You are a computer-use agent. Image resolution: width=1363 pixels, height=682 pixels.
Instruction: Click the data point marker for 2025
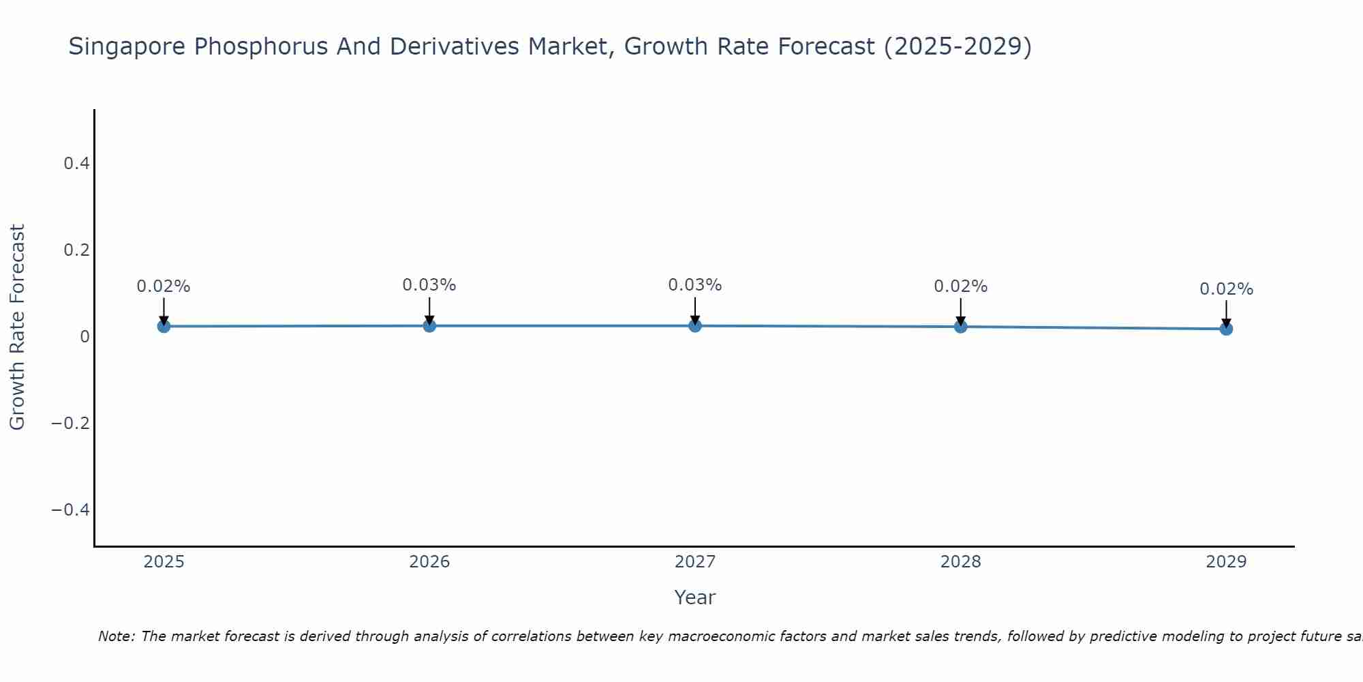[x=164, y=326]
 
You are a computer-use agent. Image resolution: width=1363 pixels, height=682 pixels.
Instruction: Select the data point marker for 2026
[x=429, y=325]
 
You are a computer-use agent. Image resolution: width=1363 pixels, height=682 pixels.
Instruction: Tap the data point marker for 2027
[x=695, y=325]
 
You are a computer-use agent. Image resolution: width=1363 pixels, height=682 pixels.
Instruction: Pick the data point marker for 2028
[x=960, y=326]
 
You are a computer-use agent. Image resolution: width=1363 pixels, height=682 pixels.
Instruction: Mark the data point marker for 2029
[x=1226, y=329]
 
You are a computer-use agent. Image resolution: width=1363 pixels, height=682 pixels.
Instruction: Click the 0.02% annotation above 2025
[x=164, y=286]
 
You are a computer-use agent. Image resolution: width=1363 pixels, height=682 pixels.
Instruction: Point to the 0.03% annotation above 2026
[x=429, y=285]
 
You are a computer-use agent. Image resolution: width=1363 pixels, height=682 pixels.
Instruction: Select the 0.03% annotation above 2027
[x=695, y=285]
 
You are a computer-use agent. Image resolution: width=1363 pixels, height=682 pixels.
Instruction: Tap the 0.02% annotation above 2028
[x=960, y=286]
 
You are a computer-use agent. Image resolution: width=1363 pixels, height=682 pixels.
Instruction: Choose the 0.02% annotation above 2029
[x=1226, y=289]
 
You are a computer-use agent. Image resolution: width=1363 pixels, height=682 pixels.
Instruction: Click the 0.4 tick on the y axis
[x=76, y=163]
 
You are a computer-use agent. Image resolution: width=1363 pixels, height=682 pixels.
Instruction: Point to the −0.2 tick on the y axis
[x=70, y=423]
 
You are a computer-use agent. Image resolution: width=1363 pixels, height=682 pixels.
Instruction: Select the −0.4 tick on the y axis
[x=70, y=509]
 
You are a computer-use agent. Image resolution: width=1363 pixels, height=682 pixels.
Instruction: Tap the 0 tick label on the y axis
[x=85, y=336]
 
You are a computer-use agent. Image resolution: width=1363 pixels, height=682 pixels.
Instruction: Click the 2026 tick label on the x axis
[x=429, y=562]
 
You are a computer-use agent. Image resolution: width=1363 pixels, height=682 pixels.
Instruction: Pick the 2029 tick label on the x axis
[x=1226, y=562]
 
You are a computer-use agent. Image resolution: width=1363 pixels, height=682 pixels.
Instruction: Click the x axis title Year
[x=694, y=597]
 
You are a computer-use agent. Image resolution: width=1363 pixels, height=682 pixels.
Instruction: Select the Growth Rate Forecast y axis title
[x=18, y=327]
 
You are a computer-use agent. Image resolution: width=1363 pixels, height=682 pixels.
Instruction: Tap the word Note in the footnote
[x=116, y=636]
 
